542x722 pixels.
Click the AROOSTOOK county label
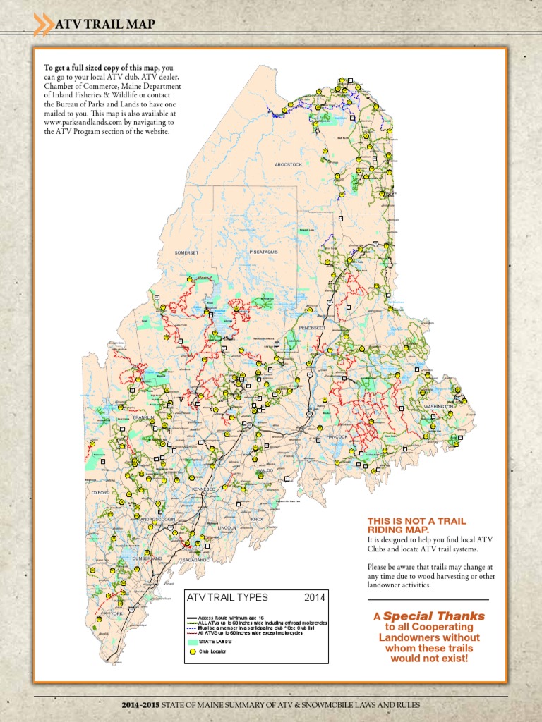(x=289, y=164)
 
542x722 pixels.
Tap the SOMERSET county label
(x=187, y=252)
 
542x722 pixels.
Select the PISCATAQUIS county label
(x=264, y=251)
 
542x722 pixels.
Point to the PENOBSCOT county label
(x=311, y=328)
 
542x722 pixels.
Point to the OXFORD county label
(x=100, y=492)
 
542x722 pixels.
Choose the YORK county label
(x=117, y=614)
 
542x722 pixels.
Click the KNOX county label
(x=257, y=519)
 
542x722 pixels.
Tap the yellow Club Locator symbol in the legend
(x=191, y=652)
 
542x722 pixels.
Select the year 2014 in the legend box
(x=315, y=597)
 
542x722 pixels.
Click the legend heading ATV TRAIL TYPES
(x=227, y=597)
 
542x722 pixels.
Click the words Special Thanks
(x=434, y=616)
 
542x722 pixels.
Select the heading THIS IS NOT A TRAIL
(x=416, y=521)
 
